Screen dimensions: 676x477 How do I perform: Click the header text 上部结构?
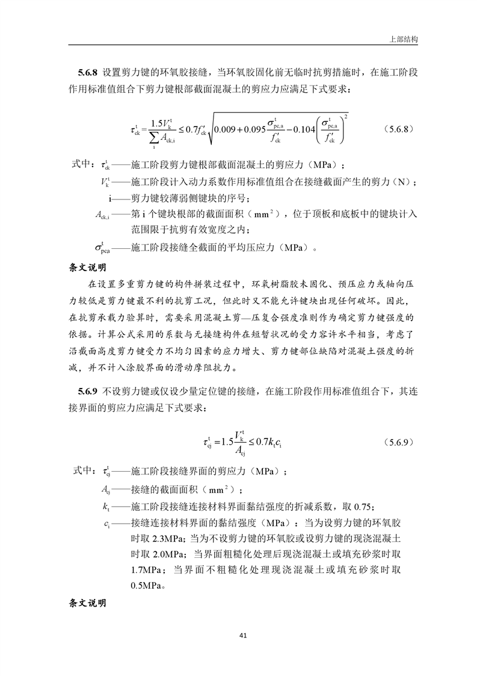[x=404, y=38]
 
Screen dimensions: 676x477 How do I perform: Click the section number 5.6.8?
[x=88, y=74]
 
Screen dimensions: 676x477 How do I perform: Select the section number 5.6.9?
[x=88, y=391]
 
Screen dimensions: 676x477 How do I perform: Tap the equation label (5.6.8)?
[x=396, y=129]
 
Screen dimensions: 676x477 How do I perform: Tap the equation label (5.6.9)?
[x=396, y=442]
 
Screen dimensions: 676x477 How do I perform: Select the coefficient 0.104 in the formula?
[x=310, y=129]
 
